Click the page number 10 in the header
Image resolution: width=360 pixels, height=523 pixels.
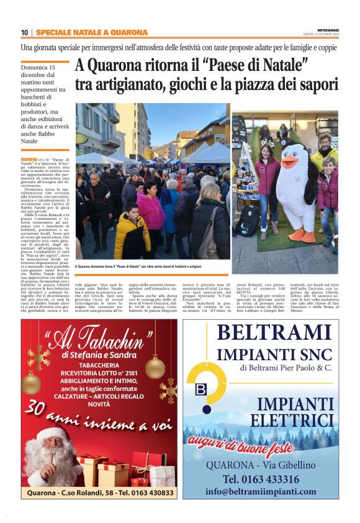coord(24,32)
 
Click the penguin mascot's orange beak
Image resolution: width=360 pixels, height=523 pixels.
coord(288,164)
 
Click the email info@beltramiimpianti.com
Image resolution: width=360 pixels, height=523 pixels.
coord(269,491)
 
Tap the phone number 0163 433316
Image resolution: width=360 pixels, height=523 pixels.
coord(269,479)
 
